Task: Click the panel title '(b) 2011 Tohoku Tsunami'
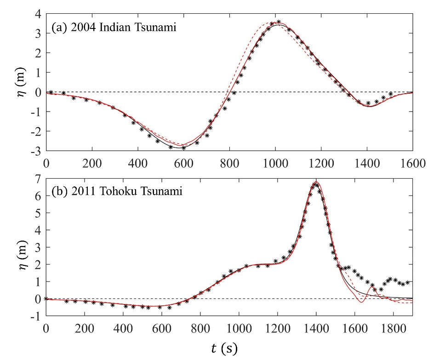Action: click(117, 191)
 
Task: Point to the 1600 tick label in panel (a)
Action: click(412, 163)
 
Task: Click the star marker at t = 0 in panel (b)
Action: click(46, 298)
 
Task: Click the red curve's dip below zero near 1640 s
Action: click(361, 302)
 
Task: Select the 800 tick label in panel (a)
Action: click(229, 163)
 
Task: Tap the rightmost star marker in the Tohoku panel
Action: click(407, 282)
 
